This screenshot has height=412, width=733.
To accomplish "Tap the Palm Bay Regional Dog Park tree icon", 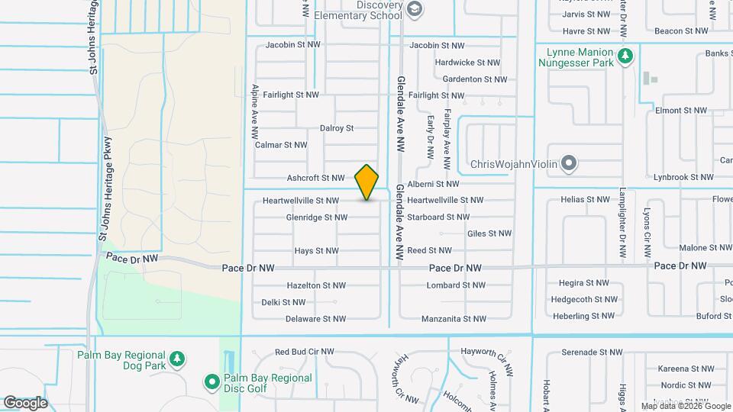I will coord(177,359).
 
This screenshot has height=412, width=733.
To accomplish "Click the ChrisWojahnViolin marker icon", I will coord(568,164).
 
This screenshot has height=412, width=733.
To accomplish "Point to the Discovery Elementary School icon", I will coord(415,9).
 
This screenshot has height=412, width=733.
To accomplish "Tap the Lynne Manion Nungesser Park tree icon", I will coord(625,56).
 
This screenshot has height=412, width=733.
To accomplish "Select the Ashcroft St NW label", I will coord(316,178).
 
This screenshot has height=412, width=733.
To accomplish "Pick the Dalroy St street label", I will coord(337,128).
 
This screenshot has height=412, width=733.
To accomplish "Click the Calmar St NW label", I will coord(281,144).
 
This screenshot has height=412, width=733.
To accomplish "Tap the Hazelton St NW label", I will coord(316,285).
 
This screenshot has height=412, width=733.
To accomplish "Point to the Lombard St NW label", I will coord(456,285).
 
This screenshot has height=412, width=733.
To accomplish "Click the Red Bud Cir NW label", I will coord(305,352).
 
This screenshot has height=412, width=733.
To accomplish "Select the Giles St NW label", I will coord(489,233).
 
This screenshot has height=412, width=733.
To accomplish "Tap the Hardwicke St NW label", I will coord(467,63).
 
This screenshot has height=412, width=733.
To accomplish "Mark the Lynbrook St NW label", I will coord(683,177).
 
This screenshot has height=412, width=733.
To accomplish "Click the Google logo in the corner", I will coord(25,403).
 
